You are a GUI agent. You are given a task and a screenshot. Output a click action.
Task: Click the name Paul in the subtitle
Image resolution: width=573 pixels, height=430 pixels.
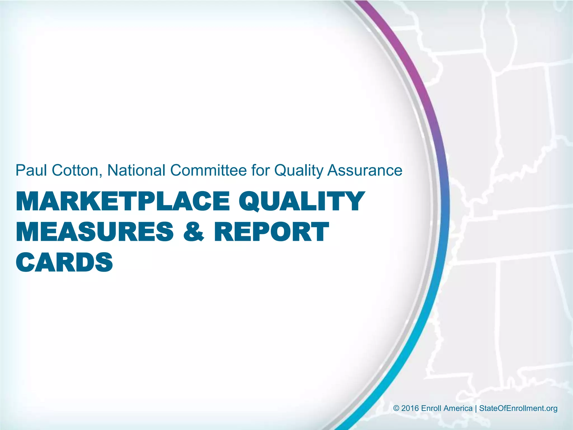31,170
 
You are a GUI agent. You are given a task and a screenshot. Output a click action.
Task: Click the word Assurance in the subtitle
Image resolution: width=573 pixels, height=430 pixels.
365,170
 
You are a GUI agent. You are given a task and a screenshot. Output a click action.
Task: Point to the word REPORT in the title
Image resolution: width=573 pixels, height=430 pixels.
271,232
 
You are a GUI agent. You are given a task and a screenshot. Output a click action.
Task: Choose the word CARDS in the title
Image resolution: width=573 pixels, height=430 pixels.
64,262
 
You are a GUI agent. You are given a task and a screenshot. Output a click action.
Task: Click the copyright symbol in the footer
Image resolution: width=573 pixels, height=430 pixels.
396,408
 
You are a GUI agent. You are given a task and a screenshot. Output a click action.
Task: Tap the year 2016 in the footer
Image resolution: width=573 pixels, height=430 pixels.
410,408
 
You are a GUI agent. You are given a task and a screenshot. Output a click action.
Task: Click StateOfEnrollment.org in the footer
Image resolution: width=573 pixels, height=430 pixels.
518,408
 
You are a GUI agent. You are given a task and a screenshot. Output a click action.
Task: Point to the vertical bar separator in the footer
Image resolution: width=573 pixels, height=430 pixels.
476,408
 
